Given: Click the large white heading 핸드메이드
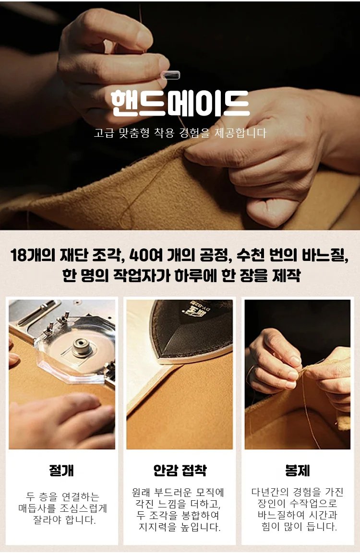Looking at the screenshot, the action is (x=180, y=104).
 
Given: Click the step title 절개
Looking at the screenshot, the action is (x=62, y=470).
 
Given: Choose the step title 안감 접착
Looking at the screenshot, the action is (x=180, y=470).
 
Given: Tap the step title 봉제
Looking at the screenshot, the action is (x=298, y=470).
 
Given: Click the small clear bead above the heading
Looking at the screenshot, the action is (x=171, y=75).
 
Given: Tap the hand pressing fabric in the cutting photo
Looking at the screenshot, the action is (x=62, y=421).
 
